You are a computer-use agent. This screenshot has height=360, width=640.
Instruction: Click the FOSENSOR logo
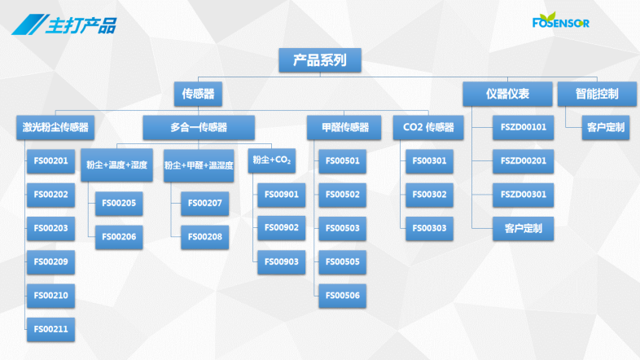tap(561, 20)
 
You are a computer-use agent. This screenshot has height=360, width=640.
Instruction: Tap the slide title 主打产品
tap(81, 25)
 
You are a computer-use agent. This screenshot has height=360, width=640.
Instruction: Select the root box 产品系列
tap(320, 60)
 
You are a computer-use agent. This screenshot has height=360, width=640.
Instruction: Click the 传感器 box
tap(198, 94)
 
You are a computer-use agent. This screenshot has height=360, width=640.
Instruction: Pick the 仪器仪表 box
tap(507, 94)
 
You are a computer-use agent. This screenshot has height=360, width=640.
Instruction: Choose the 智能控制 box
tap(597, 94)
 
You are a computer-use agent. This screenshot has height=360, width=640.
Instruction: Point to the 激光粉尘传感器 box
tap(55, 127)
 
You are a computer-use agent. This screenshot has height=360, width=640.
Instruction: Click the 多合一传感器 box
tap(199, 127)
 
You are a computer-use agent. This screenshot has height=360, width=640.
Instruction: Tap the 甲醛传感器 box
tap(344, 127)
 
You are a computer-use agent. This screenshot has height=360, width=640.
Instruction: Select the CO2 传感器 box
tap(428, 127)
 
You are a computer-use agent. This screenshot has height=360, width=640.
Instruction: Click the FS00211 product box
tap(50, 329)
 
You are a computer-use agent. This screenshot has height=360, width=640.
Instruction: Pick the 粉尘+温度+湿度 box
tap(116, 165)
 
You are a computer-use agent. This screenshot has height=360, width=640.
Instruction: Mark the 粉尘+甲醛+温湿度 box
tap(199, 165)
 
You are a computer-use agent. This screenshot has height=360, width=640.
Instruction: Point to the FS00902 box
tap(281, 228)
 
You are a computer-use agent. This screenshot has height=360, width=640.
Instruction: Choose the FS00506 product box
tap(343, 296)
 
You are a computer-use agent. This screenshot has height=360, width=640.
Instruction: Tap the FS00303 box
tap(429, 228)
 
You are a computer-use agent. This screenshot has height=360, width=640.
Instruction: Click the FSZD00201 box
tap(524, 160)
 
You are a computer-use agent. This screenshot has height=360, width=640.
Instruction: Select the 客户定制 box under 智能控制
tap(606, 127)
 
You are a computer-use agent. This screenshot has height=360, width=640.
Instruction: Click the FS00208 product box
tap(205, 237)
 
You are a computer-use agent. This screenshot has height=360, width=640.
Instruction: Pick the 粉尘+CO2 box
tap(272, 160)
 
